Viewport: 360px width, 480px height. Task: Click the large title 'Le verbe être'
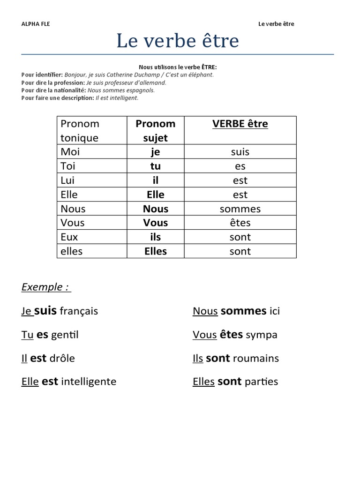178,41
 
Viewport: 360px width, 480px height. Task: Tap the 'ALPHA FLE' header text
36,24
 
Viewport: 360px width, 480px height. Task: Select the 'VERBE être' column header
240,124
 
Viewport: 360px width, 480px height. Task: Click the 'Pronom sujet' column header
155,130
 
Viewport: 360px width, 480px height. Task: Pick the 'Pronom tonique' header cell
80,130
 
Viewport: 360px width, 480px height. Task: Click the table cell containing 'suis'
240,152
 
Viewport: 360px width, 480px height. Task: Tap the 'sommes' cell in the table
240,209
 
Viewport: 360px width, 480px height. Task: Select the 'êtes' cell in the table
240,223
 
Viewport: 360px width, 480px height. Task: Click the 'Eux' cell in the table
69,237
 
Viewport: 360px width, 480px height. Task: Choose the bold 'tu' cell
155,166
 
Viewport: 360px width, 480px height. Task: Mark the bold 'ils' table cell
155,237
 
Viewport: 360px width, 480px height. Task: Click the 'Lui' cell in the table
67,180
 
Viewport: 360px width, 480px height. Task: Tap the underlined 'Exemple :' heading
46,287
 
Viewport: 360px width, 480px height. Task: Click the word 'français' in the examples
79,311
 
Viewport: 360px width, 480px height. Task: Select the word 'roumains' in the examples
255,359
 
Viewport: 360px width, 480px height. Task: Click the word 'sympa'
262,335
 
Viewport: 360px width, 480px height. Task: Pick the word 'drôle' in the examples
62,359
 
